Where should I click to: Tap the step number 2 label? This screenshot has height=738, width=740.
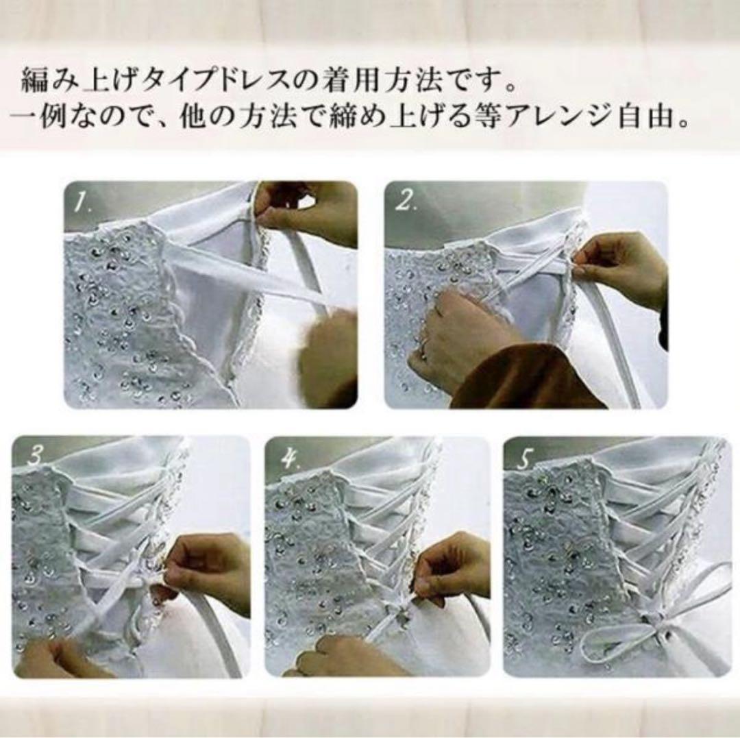click(406, 201)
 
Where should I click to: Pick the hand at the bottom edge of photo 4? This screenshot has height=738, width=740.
click(343, 658)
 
